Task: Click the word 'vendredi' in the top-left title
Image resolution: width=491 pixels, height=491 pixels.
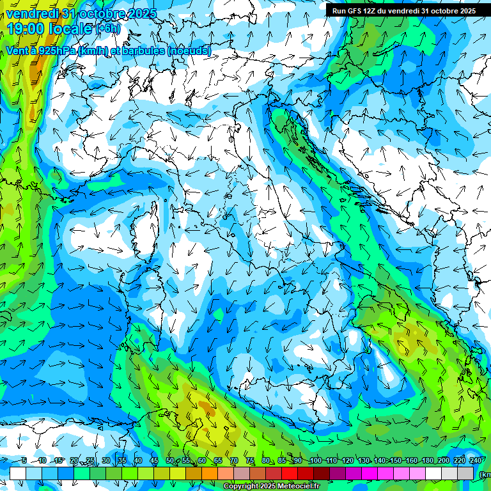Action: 33,12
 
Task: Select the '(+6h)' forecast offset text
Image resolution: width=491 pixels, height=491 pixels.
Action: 108,29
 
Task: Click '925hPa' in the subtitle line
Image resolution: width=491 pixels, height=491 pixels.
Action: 56,51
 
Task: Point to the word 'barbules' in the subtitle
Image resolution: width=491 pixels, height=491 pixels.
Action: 141,51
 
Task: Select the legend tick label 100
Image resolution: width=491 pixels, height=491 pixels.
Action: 315,460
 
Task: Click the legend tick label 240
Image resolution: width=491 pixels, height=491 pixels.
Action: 476,460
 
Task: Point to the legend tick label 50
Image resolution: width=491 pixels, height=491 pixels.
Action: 169,460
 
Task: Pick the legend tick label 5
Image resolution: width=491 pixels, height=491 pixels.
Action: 24,460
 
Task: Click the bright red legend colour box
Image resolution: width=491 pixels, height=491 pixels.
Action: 290,473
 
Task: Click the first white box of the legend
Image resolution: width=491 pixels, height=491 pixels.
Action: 18,473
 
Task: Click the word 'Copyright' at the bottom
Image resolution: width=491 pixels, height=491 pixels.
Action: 242,487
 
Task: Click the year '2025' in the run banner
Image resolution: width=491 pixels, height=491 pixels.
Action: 465,11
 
